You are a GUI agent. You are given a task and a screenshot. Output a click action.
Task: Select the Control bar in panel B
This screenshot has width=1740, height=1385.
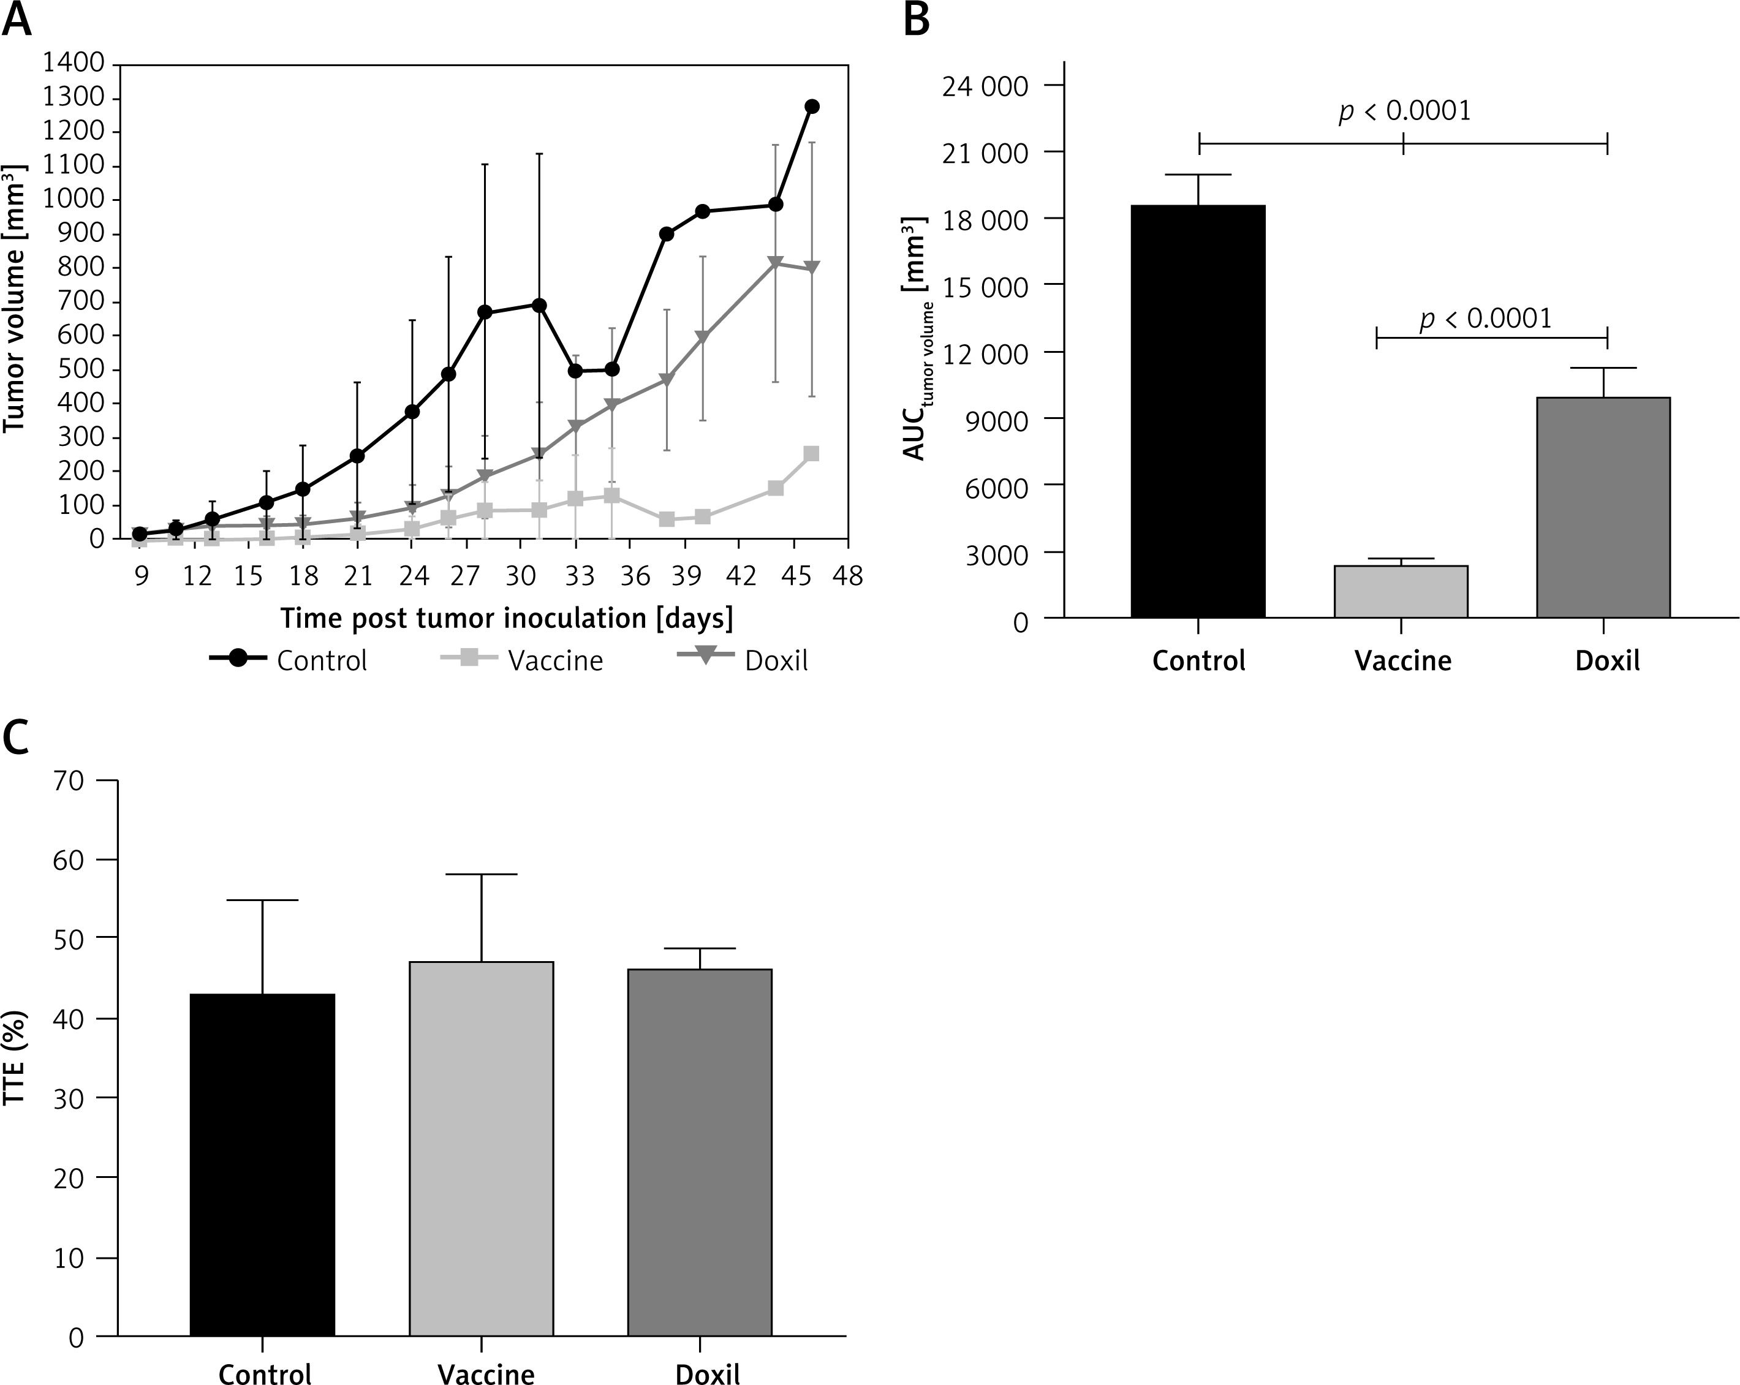(x=1198, y=411)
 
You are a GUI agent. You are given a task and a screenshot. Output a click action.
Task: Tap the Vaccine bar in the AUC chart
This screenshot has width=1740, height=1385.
(x=1401, y=592)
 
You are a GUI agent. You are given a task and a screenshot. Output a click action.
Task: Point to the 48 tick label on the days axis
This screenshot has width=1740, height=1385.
(x=847, y=575)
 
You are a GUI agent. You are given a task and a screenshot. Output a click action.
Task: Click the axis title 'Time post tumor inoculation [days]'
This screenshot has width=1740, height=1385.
(x=507, y=618)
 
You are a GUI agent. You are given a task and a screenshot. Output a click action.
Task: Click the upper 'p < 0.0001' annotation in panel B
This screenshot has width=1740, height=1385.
(x=1405, y=111)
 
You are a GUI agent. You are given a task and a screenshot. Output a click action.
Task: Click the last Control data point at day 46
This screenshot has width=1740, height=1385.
(x=812, y=107)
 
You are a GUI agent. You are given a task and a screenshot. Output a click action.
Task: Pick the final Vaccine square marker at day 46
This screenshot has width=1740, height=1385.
(x=812, y=453)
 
